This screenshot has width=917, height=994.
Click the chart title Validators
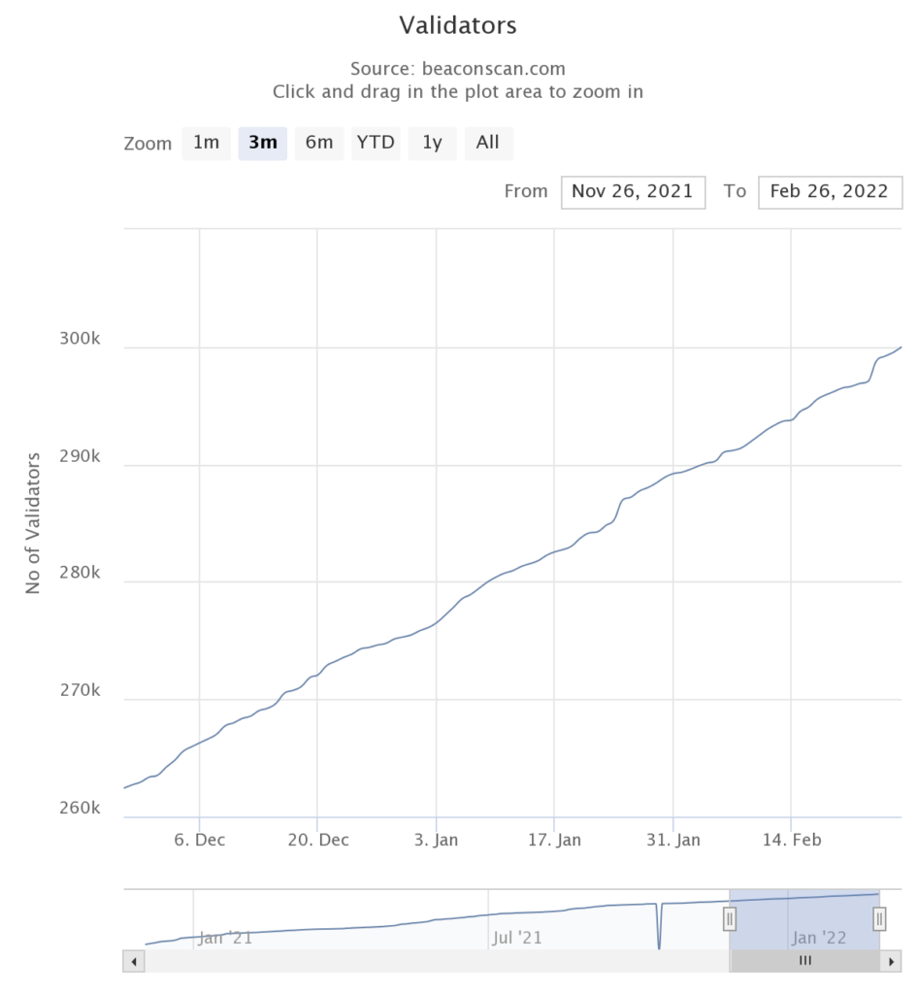(458, 25)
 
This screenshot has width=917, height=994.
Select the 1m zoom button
(206, 143)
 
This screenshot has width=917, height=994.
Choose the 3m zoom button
(263, 143)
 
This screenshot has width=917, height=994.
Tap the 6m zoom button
(319, 143)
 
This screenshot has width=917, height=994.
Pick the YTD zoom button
(376, 143)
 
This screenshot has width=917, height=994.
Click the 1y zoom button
(432, 143)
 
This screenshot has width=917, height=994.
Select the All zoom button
(488, 143)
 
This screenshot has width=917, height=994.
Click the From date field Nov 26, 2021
(633, 191)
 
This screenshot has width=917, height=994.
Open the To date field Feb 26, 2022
(830, 191)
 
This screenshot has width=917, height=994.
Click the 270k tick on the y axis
(80, 691)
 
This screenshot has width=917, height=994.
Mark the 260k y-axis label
(80, 809)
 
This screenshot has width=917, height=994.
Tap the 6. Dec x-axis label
(200, 840)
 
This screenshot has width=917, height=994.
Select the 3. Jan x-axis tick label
(437, 840)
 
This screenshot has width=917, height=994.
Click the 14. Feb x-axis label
(792, 840)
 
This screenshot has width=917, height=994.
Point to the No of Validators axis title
(33, 522)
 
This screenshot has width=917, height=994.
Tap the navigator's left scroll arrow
(134, 961)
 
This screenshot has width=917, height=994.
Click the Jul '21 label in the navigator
(517, 938)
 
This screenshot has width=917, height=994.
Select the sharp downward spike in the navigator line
(659, 932)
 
